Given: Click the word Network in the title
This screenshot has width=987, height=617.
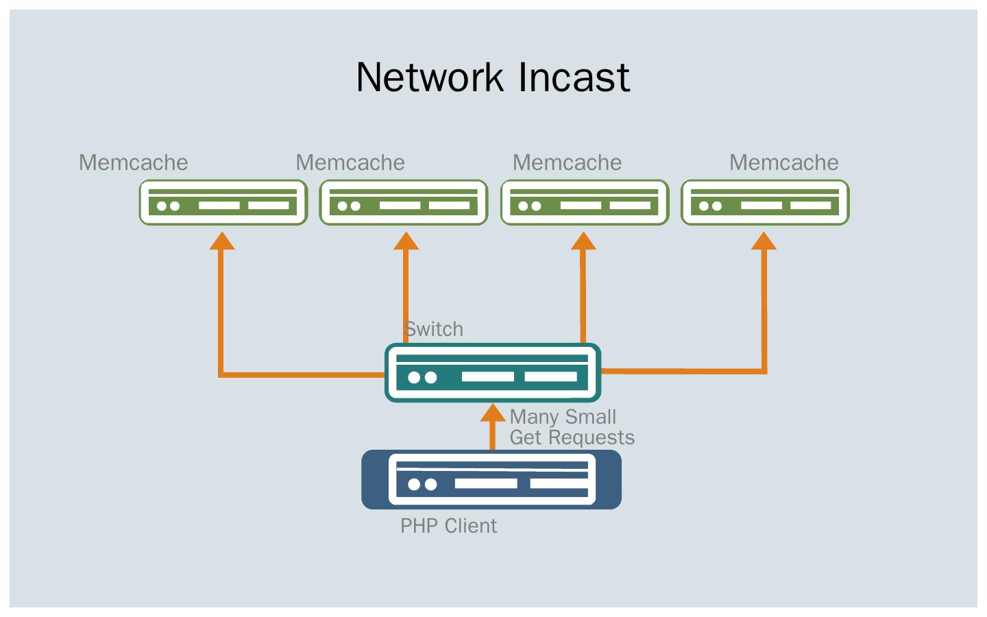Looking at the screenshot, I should [432, 77].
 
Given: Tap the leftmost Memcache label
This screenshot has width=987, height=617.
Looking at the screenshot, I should [133, 162].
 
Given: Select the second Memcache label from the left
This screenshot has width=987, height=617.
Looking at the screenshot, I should [350, 162].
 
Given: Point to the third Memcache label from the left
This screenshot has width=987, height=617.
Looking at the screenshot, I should [567, 162].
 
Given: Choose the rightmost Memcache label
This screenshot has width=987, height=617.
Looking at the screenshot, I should [783, 162].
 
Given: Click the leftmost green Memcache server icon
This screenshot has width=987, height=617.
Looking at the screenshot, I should [223, 202].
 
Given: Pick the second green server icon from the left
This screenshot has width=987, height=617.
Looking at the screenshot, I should [404, 202].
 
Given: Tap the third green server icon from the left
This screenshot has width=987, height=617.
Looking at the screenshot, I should [585, 202].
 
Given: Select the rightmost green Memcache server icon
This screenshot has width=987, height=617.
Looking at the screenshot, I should [765, 202].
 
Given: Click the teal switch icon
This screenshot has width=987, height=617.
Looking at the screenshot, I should [493, 372].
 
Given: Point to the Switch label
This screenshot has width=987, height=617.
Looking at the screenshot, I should [434, 329].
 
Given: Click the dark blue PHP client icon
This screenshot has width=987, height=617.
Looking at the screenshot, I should [491, 480].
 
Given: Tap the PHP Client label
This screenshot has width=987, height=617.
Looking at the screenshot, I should [448, 526].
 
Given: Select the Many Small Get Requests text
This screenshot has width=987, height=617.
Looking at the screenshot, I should [572, 427].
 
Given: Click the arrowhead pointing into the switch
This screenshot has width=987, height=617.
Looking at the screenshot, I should [492, 413].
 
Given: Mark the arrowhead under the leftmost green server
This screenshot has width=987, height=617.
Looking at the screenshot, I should [221, 241].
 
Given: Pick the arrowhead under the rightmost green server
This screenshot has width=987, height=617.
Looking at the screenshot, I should [764, 241].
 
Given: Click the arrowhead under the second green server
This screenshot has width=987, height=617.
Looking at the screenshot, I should [406, 241].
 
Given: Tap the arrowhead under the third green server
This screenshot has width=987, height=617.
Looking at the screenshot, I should [583, 241].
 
